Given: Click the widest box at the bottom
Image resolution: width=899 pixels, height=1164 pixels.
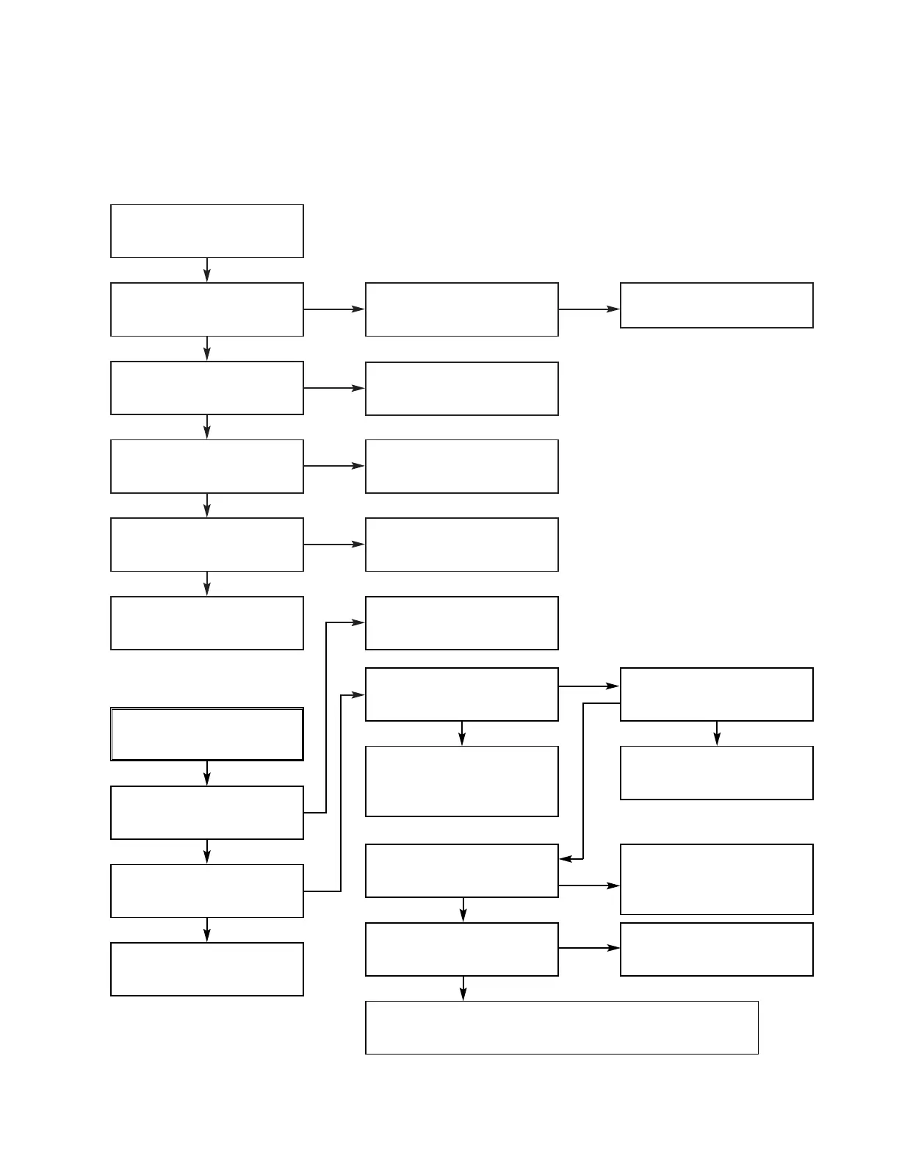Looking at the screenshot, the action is point(561,1027).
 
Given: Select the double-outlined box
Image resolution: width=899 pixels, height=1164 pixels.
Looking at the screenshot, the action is point(206,733).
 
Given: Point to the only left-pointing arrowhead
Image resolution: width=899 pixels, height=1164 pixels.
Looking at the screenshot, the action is point(566,858).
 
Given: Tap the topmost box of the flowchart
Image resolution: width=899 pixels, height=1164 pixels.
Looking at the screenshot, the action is point(206,231).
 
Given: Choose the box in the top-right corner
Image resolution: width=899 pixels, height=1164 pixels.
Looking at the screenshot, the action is point(716,305).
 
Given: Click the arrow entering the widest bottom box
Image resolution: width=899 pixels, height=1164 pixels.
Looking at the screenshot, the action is point(463,988).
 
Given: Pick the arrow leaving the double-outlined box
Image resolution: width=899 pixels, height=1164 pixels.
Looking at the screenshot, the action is point(207,773).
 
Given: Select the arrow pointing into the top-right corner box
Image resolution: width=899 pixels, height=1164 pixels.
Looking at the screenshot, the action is point(589,309).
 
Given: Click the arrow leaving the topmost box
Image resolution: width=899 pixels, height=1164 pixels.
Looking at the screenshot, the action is point(207,270).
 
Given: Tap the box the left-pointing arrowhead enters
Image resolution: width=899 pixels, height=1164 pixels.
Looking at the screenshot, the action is point(461,870).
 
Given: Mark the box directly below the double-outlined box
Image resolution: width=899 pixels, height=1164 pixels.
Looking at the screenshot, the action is point(206,812).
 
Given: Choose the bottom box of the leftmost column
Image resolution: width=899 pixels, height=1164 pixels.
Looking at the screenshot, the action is point(206,969).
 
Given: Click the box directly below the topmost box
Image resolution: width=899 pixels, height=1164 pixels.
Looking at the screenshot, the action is point(206,309).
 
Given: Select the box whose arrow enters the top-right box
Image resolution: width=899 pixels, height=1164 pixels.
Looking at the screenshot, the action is point(461,309).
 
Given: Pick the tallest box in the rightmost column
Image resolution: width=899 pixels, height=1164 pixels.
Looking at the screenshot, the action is point(716,879).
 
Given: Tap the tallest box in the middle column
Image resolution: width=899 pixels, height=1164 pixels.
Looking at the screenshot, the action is point(461,780).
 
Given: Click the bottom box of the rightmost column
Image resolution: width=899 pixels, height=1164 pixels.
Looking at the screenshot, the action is point(716,949).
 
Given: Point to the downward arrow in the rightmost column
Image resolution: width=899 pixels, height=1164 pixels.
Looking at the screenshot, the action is point(717,733).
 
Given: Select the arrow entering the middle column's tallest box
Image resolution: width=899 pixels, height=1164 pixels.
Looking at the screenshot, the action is point(462,733).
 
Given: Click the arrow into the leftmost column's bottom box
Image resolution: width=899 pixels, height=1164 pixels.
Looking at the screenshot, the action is point(207,930).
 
